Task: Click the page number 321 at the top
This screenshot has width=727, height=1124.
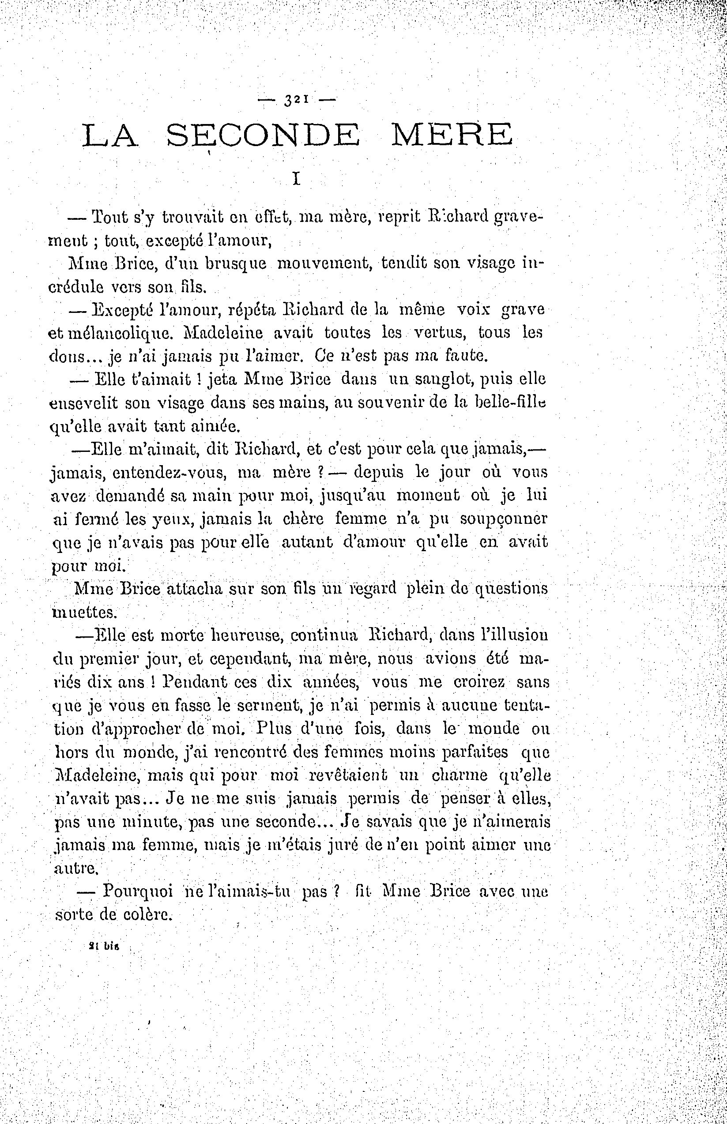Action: pyautogui.click(x=296, y=100)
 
